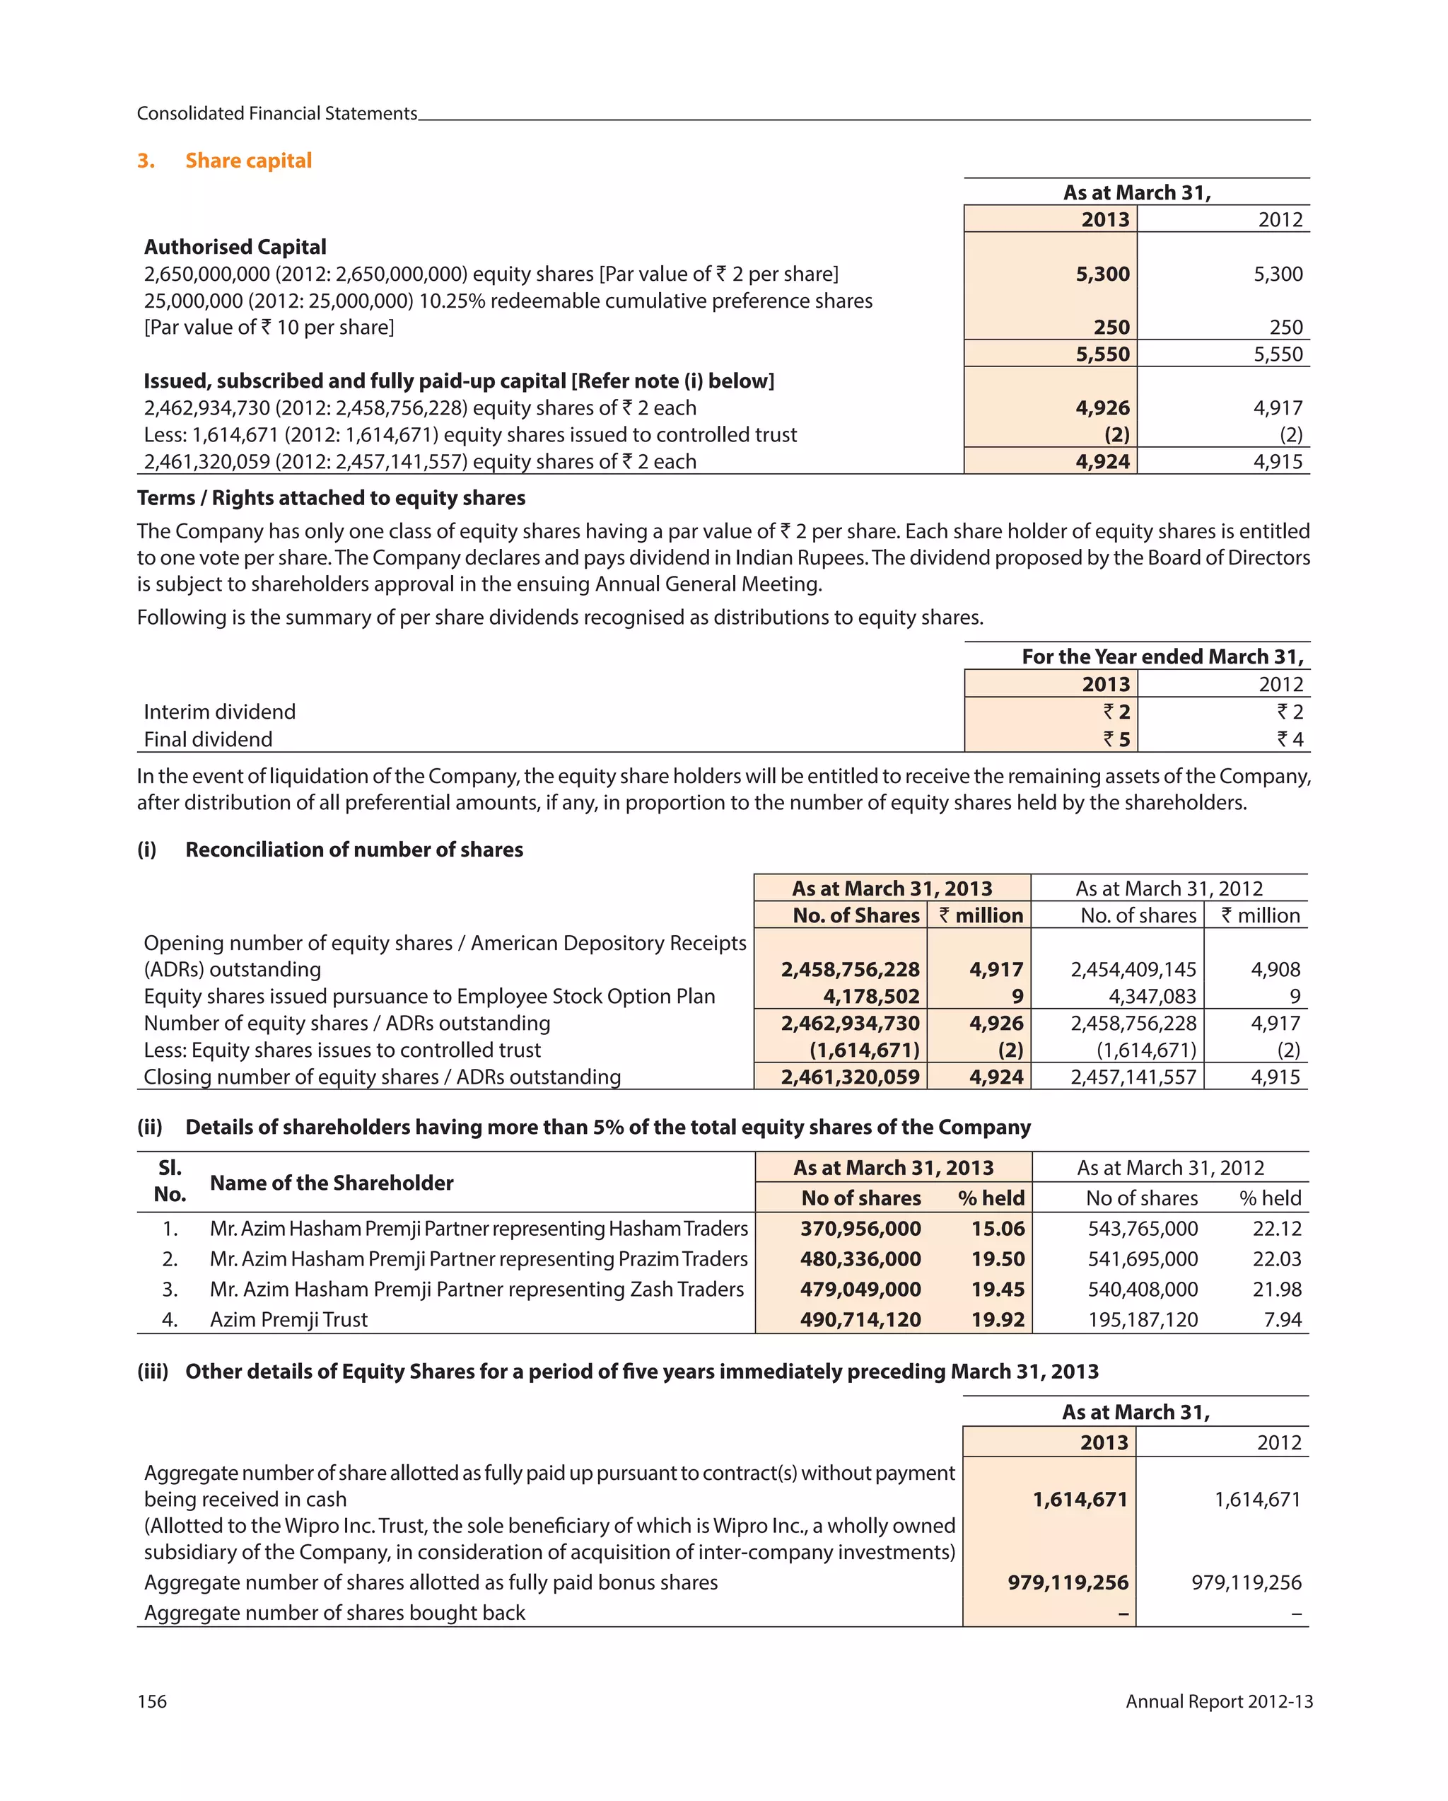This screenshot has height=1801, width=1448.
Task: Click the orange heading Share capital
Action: click(x=248, y=161)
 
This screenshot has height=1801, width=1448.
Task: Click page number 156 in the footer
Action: click(x=152, y=1701)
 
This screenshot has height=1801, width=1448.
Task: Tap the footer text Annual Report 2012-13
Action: click(x=1218, y=1701)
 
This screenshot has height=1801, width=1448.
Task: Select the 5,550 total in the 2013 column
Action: click(x=1102, y=354)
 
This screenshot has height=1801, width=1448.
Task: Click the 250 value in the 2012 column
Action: click(x=1285, y=328)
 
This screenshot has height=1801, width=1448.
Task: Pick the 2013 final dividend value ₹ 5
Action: click(x=1116, y=739)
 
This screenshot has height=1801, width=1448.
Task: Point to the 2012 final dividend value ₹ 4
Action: click(x=1290, y=739)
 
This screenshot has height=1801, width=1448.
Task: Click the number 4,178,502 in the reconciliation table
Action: click(x=871, y=997)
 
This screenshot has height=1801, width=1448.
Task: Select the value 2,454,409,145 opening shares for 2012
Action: click(x=1133, y=970)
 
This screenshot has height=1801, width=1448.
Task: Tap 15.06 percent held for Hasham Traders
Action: click(x=997, y=1229)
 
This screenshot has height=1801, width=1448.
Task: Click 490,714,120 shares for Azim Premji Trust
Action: click(x=860, y=1320)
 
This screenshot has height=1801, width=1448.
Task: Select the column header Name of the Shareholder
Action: click(x=332, y=1183)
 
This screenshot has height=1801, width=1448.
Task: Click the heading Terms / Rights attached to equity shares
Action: click(x=331, y=498)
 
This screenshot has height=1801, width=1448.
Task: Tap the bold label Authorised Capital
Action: click(x=235, y=248)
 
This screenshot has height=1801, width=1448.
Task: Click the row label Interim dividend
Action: click(x=220, y=712)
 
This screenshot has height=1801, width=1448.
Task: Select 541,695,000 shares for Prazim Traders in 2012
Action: click(x=1143, y=1259)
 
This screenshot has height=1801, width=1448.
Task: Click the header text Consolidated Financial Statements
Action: click(x=276, y=114)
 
